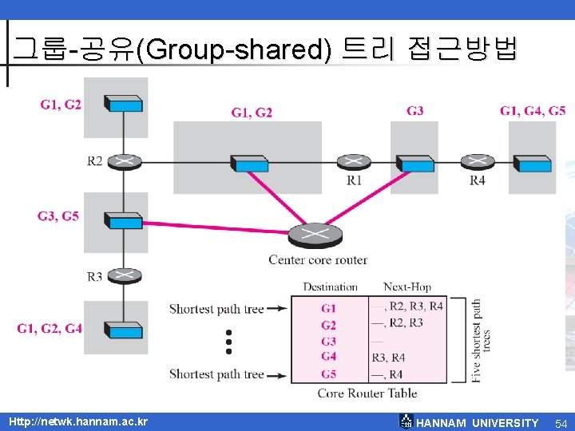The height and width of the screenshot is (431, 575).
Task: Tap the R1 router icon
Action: [353, 162]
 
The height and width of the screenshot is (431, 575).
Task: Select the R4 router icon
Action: [477, 162]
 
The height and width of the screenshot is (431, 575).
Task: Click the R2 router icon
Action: [124, 160]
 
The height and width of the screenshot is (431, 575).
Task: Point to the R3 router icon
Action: [124, 275]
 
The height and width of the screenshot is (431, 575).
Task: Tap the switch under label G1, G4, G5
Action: [533, 164]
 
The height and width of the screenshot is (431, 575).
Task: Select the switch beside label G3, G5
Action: [124, 221]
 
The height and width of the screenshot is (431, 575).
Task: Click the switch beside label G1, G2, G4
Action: [124, 330]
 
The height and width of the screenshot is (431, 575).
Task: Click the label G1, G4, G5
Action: [533, 111]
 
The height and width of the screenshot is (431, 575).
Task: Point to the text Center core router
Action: [318, 259]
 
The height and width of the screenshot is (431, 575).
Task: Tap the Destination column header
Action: [330, 287]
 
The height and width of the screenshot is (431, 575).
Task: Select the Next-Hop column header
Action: [407, 287]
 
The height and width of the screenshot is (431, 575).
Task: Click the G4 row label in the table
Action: [328, 357]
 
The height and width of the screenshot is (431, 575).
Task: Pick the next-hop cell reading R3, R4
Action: [389, 357]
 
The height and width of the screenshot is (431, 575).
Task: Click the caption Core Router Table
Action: [367, 392]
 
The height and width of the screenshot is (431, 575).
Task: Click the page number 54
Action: [561, 422]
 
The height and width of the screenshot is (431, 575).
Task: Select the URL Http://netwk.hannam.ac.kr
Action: [77, 421]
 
